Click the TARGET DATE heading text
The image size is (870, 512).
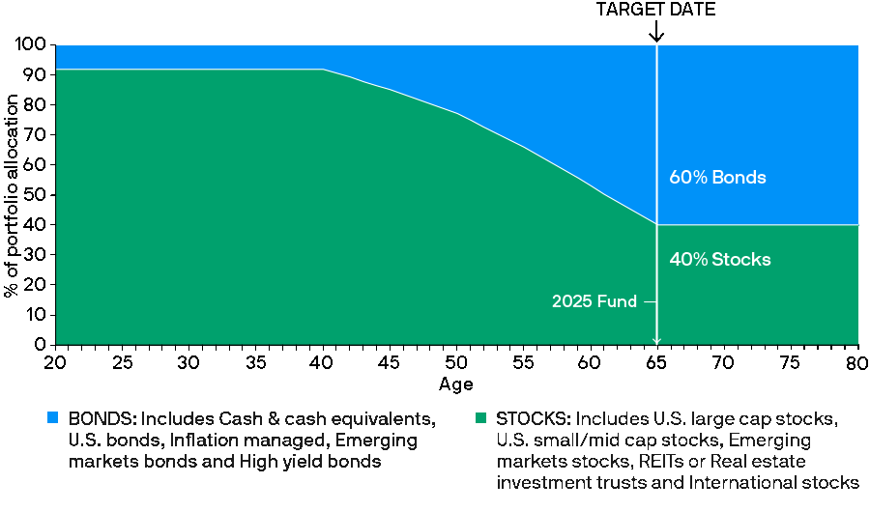(656, 10)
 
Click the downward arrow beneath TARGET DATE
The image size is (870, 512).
(657, 33)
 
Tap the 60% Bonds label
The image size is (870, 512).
(717, 178)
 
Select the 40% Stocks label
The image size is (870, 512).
(720, 259)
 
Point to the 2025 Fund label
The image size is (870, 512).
(594, 301)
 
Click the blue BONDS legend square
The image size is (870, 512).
(52, 419)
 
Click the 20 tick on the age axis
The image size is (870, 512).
(55, 362)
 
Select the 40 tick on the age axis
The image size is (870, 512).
(323, 362)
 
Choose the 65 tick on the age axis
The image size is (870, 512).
(657, 362)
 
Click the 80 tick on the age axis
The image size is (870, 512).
(856, 362)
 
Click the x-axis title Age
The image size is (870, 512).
(456, 384)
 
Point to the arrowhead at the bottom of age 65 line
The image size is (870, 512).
(657, 340)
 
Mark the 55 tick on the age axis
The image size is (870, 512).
(523, 362)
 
